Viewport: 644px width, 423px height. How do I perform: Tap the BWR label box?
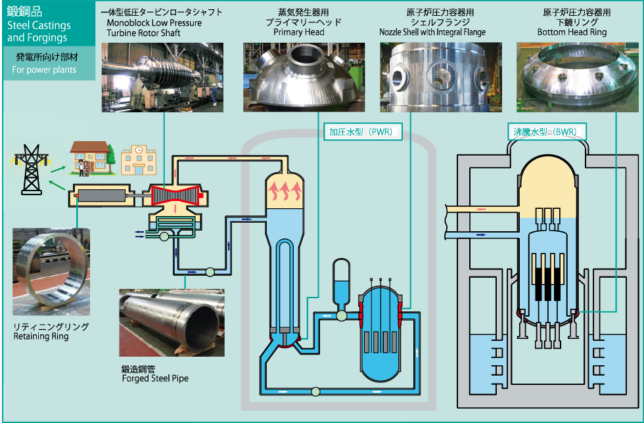pyautogui.click(x=545, y=132)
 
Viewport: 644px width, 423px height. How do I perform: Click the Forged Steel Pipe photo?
pyautogui.click(x=172, y=323)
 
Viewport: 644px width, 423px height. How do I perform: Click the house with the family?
pyautogui.click(x=88, y=159)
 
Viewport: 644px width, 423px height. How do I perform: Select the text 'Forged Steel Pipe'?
pyautogui.click(x=155, y=379)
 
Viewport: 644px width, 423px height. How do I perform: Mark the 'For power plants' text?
pyautogui.click(x=44, y=70)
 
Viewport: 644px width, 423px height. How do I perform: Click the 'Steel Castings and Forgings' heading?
pyautogui.click(x=38, y=32)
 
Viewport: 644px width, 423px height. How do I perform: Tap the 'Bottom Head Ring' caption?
pyautogui.click(x=572, y=32)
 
